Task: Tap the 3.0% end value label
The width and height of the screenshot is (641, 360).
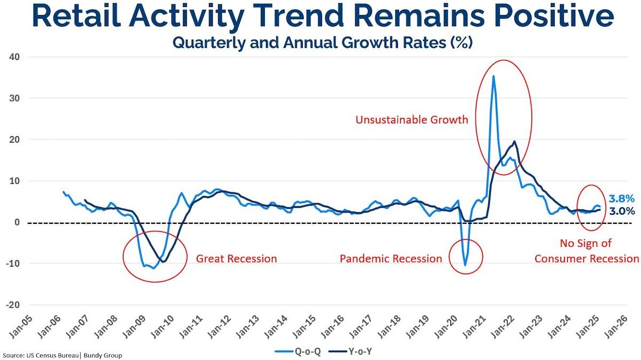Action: pyautogui.click(x=622, y=211)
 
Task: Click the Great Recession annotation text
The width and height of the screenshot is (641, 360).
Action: pyautogui.click(x=236, y=259)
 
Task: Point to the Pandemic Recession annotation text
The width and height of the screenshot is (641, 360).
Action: pyautogui.click(x=391, y=259)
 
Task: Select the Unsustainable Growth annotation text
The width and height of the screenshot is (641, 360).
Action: pyautogui.click(x=412, y=120)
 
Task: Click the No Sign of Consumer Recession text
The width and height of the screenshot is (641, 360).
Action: pyautogui.click(x=586, y=251)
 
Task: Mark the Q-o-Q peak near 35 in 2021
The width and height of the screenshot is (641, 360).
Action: pyautogui.click(x=493, y=76)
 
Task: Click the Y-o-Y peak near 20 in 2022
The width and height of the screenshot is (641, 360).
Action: pyautogui.click(x=514, y=142)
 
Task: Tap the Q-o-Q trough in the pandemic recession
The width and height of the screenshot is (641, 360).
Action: pyautogui.click(x=465, y=265)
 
